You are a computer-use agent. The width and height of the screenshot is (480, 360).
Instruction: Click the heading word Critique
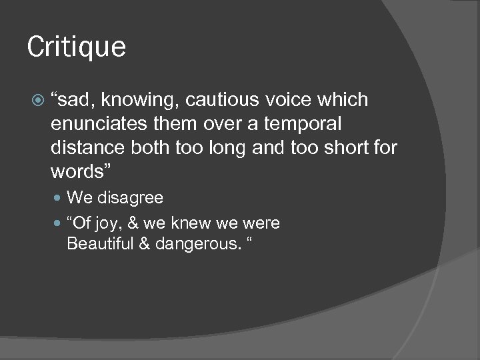pyautogui.click(x=77, y=47)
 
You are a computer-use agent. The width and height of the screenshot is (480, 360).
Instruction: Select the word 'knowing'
pyautogui.click(x=141, y=101)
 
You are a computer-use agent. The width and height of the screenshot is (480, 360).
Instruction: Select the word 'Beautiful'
pyautogui.click(x=100, y=243)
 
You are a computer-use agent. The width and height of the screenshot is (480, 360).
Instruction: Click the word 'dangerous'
pyautogui.click(x=197, y=244)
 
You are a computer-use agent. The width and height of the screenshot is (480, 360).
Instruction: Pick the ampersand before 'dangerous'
pyautogui.click(x=144, y=243)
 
